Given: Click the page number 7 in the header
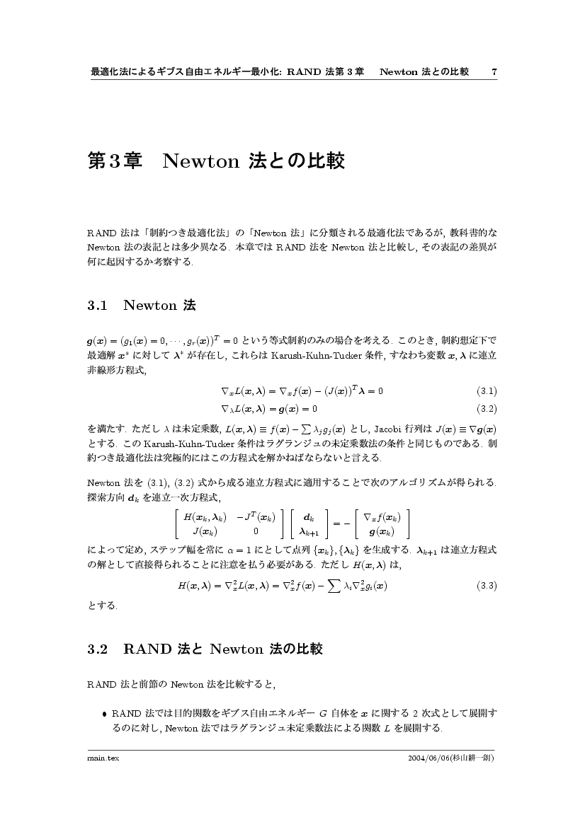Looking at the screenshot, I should (494, 71).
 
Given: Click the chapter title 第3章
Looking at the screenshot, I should (114, 161).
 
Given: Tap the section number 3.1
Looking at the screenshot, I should (96, 306).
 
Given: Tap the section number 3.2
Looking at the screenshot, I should (96, 649).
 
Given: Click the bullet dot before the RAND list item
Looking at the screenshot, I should (105, 714).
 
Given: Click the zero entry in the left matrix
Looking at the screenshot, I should (256, 531).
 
